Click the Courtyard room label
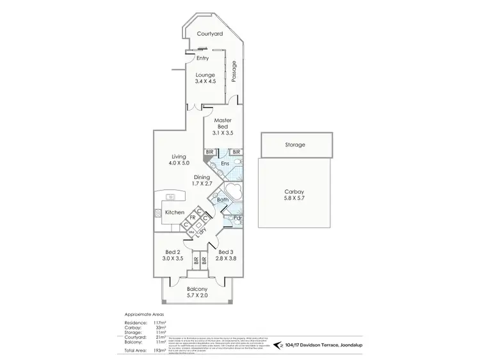[x=209, y=33]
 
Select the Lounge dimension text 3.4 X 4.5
[x=205, y=81]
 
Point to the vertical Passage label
[x=234, y=71]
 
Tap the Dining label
[x=202, y=177]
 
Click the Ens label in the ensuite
[x=225, y=164]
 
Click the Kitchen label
[x=175, y=212]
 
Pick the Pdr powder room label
[x=237, y=218]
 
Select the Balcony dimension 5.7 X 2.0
[x=197, y=295]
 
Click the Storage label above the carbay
[x=295, y=145]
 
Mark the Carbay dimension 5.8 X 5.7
[x=294, y=198]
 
